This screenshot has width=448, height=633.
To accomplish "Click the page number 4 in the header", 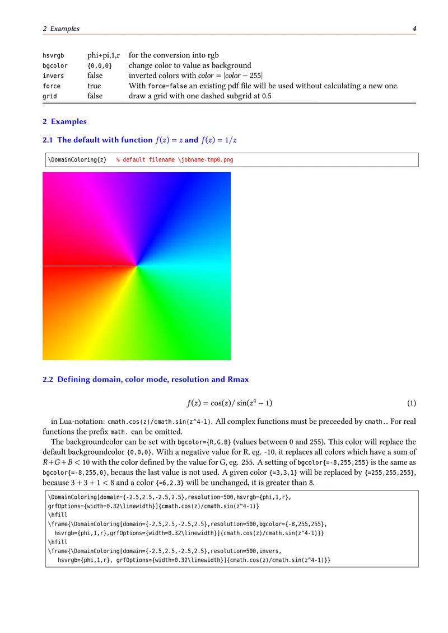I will coord(414,29).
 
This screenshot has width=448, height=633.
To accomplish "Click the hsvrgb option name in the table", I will coord(53,55).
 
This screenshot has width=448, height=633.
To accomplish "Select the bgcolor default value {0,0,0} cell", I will coord(100,66).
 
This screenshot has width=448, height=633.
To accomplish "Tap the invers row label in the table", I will coord(53,76).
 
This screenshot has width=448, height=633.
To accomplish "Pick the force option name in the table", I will coord(52,86).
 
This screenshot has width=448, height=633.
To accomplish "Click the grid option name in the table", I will coord(50,96).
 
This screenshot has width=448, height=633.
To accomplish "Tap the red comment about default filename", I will coord(174,160).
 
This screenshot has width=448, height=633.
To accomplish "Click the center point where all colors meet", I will coord(137,266).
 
